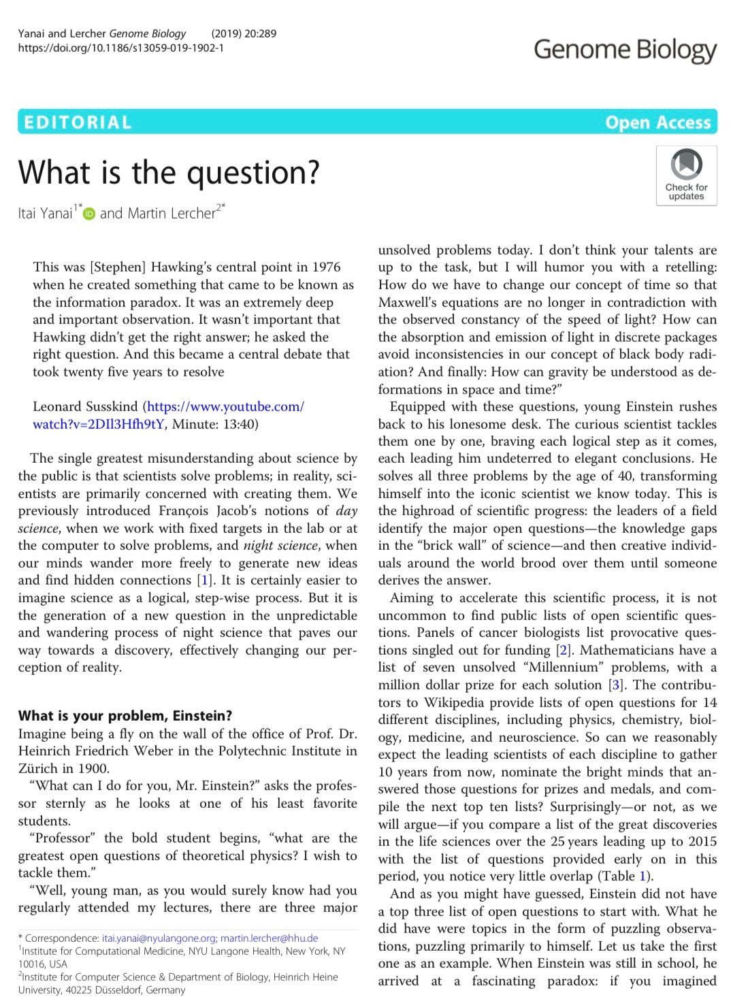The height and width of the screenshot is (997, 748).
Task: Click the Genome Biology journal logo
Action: click(625, 50)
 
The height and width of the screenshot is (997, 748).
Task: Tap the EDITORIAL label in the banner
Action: click(77, 122)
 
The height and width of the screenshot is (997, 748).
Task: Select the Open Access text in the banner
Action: click(657, 122)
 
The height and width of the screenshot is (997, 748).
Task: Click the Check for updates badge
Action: click(686, 175)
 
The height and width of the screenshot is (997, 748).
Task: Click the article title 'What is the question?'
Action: click(169, 172)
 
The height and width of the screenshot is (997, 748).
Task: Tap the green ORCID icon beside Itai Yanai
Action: click(89, 214)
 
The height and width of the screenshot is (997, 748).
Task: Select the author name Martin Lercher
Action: click(158, 213)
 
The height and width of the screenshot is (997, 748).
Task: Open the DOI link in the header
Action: click(120, 48)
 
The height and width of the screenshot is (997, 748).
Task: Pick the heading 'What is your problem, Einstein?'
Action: click(125, 716)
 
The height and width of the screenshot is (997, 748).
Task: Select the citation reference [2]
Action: click(563, 650)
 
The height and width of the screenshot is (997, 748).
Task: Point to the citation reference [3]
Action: click(616, 685)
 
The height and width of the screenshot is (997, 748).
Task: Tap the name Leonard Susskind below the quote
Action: click(86, 407)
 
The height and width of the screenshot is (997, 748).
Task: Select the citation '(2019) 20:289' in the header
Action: click(244, 33)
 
